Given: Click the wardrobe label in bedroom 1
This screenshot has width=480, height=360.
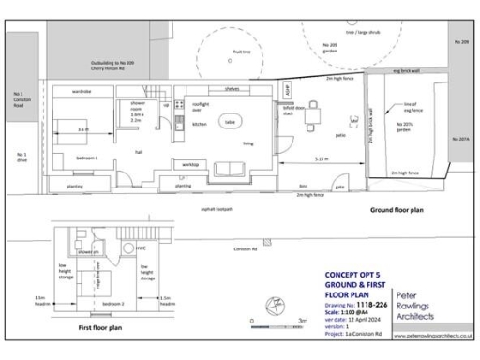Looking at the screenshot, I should pos(81,92).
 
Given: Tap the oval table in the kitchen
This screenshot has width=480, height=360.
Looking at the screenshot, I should pos(230,122).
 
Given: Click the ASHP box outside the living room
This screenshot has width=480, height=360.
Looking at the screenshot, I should pos(288,90).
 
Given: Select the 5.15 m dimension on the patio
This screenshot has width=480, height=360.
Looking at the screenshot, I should pos(322,159).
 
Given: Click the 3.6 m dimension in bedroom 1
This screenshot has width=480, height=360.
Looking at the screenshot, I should pos(82,128).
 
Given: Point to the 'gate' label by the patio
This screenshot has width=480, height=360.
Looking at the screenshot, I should pos(339,186).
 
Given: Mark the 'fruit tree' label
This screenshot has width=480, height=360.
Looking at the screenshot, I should pos(241,52).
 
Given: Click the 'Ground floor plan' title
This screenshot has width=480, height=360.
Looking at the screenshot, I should pos(396,210).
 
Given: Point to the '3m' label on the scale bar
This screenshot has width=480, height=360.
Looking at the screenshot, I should pos(302,321).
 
